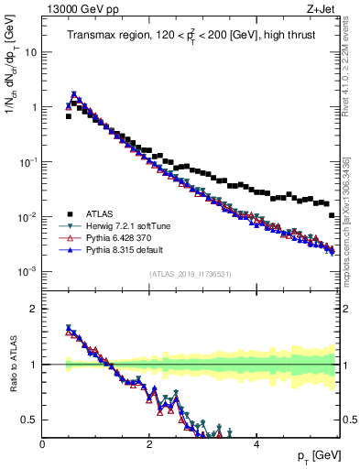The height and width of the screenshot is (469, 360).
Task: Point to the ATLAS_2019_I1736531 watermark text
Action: (190, 274)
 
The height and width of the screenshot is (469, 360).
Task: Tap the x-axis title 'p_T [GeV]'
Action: (314, 455)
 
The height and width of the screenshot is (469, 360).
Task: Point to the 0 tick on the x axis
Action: (43, 443)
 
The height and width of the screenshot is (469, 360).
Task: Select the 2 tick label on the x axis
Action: (149, 443)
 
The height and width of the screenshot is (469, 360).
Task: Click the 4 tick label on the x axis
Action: (256, 443)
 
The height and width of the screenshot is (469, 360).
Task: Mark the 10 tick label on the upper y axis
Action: (30, 52)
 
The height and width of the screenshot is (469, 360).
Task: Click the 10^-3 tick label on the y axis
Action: (27, 272)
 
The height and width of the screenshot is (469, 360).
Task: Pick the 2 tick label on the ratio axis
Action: (35, 309)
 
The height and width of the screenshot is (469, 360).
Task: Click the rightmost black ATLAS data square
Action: (331, 215)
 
